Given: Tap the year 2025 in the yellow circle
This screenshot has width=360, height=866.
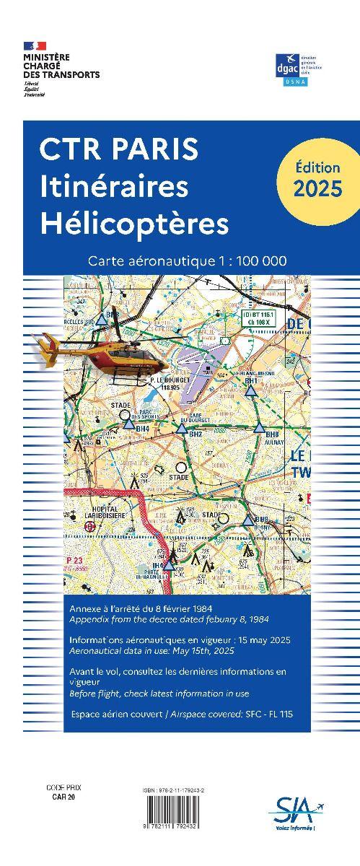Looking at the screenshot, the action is pyautogui.click(x=318, y=189).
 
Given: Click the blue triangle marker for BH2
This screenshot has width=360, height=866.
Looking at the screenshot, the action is pyautogui.click(x=182, y=427).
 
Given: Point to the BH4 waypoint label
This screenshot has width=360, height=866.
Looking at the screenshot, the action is pyautogui.click(x=142, y=429).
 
